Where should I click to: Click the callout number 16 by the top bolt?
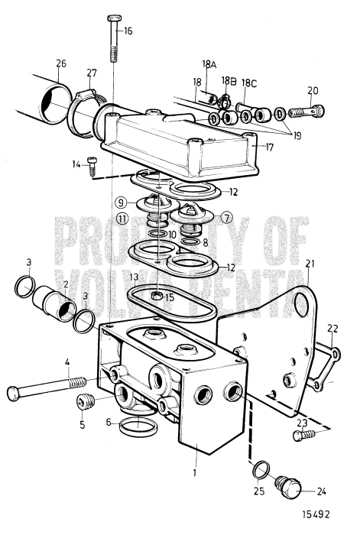(x=127, y=31)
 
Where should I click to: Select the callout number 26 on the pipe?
(x=60, y=63)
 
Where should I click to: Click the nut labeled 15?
(x=157, y=295)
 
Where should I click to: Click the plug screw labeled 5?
(x=85, y=402)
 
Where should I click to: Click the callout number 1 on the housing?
(x=196, y=472)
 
